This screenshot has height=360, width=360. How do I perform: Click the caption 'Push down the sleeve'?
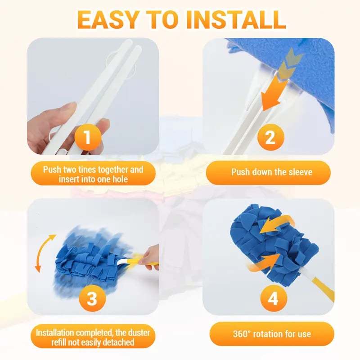(271, 172)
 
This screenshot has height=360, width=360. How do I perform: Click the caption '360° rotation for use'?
(272, 333)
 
